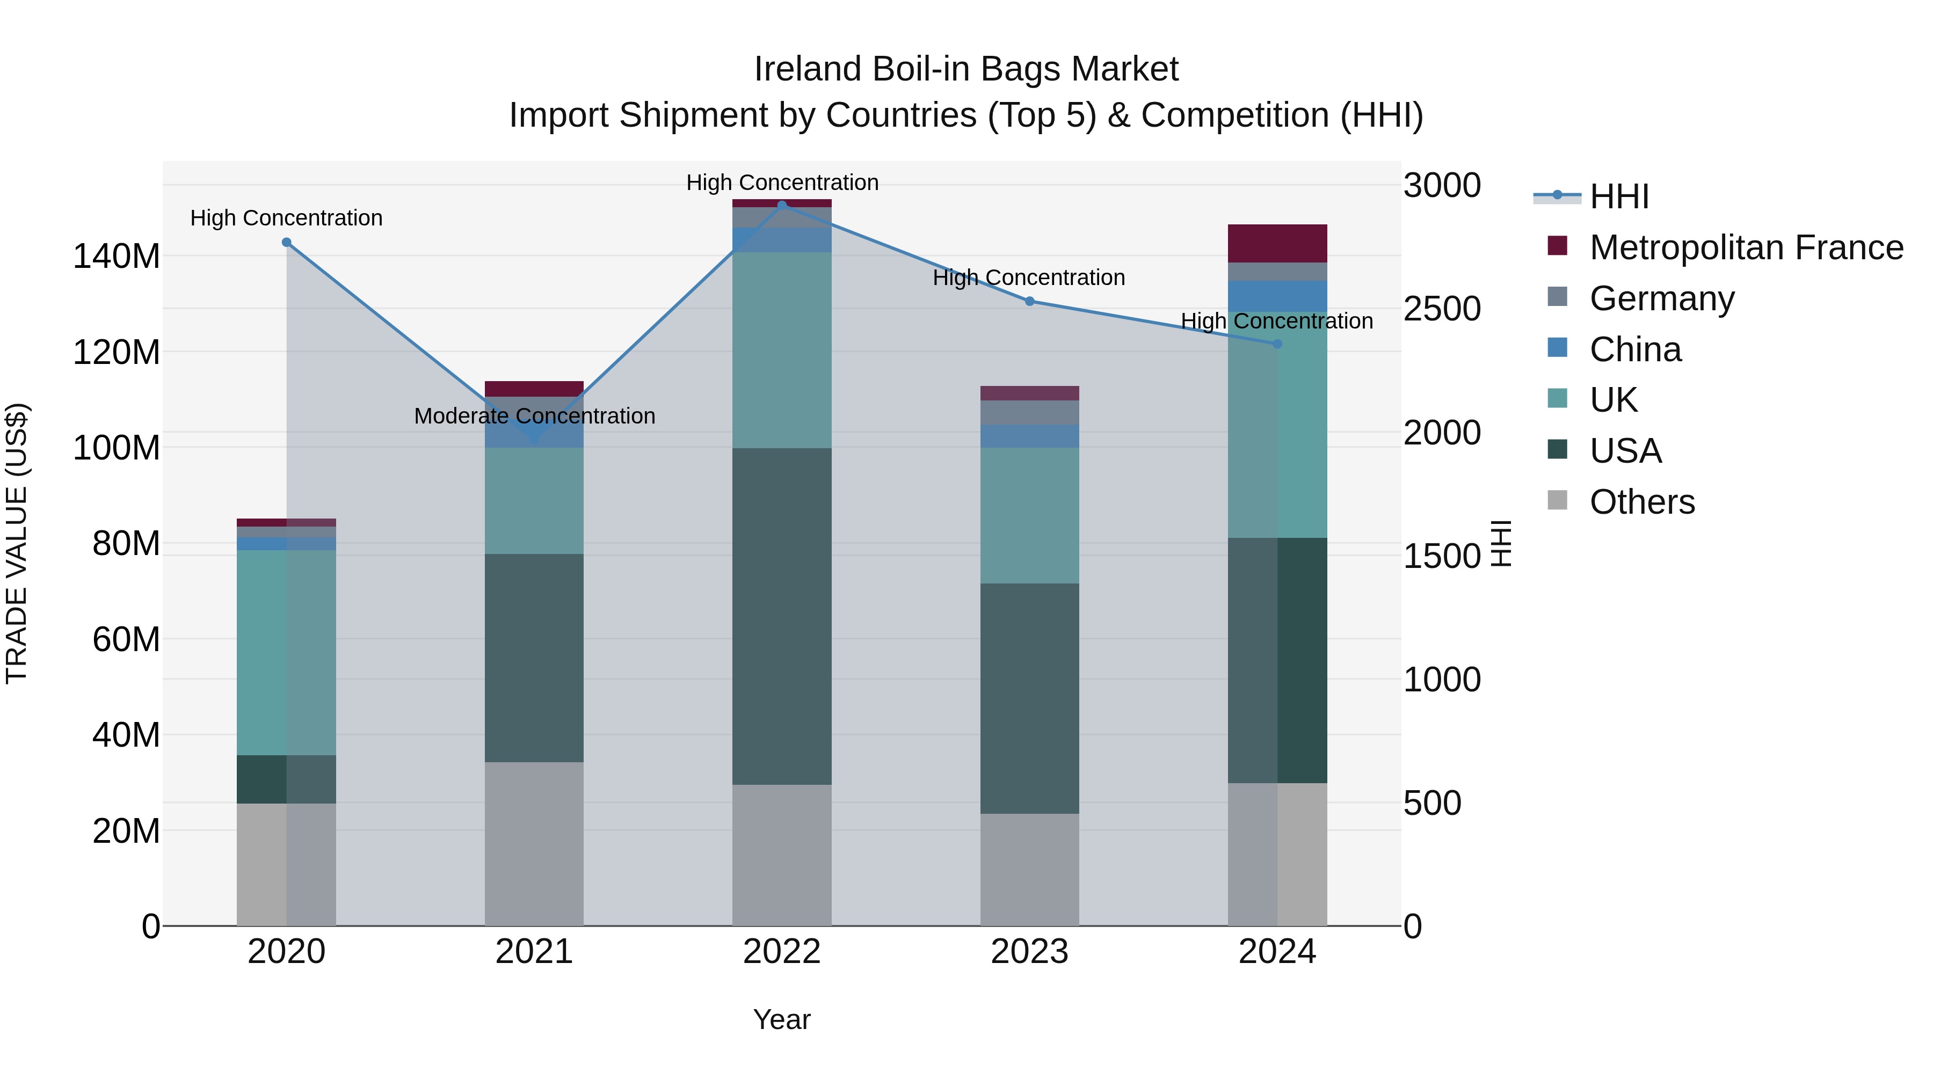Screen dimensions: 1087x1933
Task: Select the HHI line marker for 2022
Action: tap(782, 205)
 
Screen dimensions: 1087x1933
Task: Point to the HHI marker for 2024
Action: tap(1277, 344)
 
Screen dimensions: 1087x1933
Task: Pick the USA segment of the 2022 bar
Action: tap(782, 617)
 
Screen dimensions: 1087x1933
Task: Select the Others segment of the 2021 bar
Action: tap(534, 844)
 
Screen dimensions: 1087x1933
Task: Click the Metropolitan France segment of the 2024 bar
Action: tap(1277, 243)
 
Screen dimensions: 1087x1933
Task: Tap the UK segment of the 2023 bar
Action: tap(1029, 515)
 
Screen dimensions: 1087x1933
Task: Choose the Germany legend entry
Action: tap(1661, 298)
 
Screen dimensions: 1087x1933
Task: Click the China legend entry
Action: tap(1635, 349)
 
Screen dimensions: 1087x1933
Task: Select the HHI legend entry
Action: tap(1618, 196)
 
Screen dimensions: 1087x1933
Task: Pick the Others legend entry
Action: tap(1642, 502)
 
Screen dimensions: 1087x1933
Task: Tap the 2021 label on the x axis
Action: tap(534, 952)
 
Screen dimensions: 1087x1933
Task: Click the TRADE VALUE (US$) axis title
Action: tap(17, 543)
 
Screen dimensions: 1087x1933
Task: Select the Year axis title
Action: tap(782, 1019)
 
